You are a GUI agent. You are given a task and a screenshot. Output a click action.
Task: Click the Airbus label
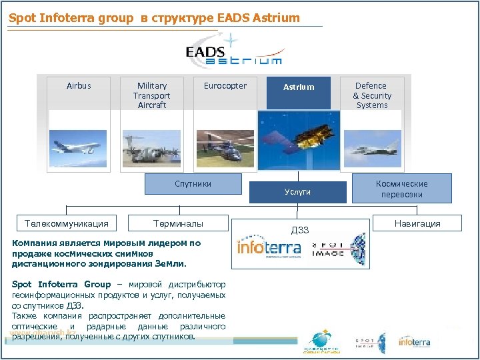click(79, 86)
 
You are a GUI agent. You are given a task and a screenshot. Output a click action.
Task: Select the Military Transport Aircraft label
click(152, 95)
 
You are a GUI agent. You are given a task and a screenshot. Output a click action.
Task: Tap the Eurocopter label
click(225, 86)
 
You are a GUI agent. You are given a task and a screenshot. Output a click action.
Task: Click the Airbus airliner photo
click(79, 147)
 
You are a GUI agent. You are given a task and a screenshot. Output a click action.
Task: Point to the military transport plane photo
click(151, 148)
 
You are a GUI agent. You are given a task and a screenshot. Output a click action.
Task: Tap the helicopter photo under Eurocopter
click(225, 148)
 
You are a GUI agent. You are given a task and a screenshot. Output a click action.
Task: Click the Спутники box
click(193, 184)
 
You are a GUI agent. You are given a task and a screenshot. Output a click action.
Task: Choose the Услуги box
click(297, 192)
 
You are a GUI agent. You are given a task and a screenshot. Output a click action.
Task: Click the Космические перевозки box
click(401, 189)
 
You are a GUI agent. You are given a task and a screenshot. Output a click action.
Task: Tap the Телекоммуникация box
click(67, 223)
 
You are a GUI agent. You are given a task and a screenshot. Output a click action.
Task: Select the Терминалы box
click(178, 223)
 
